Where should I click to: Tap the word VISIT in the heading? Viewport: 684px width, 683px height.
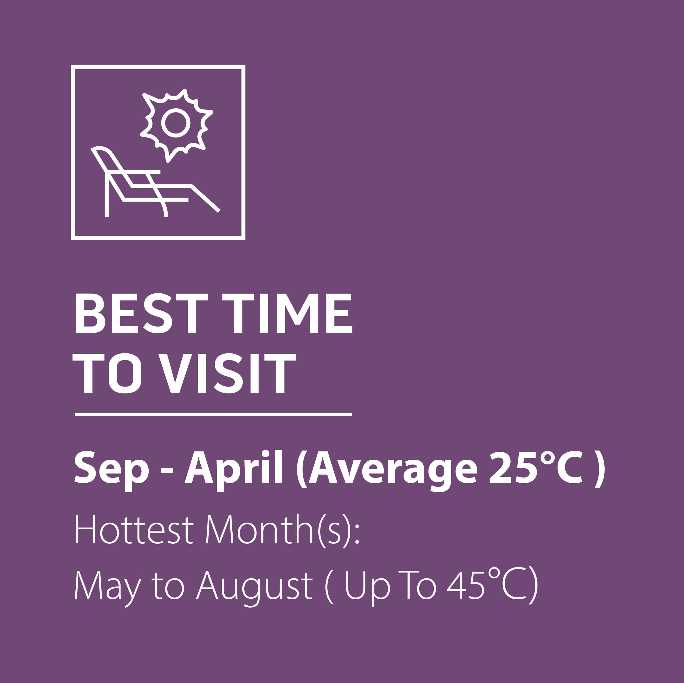click(227, 373)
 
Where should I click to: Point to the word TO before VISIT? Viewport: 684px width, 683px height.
click(107, 373)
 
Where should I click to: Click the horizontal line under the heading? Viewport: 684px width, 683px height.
click(213, 414)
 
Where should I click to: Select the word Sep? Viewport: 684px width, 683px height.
click(111, 468)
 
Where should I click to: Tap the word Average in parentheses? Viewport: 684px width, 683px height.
click(393, 468)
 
